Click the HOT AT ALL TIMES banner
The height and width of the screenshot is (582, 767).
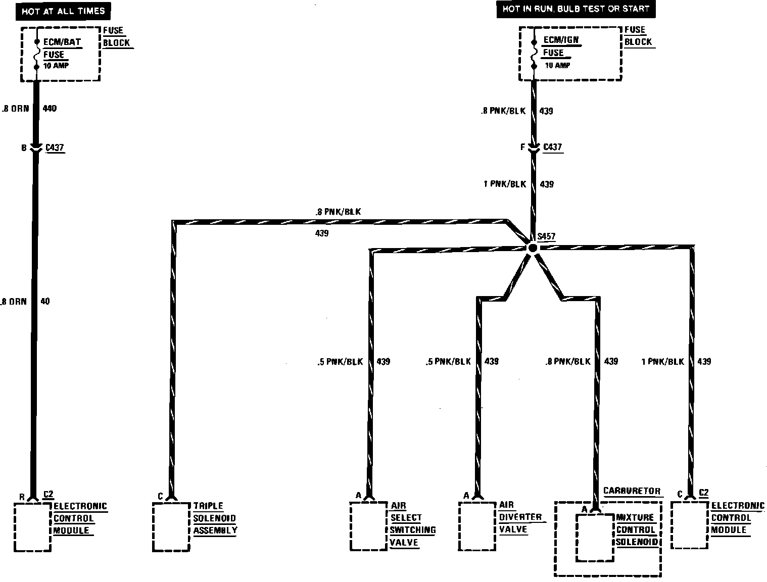63,11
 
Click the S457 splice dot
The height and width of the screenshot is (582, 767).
532,248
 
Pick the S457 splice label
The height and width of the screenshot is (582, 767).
546,236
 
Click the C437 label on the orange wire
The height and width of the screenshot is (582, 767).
55,148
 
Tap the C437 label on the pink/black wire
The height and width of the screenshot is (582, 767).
552,147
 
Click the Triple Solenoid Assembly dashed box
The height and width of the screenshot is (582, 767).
171,526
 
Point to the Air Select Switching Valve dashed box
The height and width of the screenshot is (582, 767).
368,526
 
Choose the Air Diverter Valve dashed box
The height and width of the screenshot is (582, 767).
477,526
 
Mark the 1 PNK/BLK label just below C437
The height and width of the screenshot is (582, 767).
504,184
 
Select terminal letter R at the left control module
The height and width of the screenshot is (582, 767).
22,497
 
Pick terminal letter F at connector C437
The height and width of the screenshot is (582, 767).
522,148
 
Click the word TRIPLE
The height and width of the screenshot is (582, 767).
208,506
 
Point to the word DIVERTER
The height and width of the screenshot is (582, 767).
520,517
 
